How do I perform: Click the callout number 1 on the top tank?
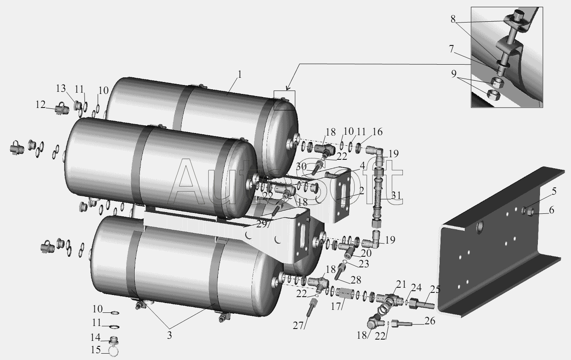click(239, 74)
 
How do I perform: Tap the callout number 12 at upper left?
click(40, 105)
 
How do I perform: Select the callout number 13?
click(61, 88)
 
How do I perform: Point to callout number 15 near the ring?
click(96, 350)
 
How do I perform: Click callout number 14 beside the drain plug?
click(95, 337)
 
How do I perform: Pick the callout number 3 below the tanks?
click(170, 335)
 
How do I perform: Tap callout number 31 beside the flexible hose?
click(396, 196)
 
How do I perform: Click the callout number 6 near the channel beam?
click(551, 210)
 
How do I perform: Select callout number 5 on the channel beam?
click(554, 191)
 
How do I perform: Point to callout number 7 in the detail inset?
click(452, 49)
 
